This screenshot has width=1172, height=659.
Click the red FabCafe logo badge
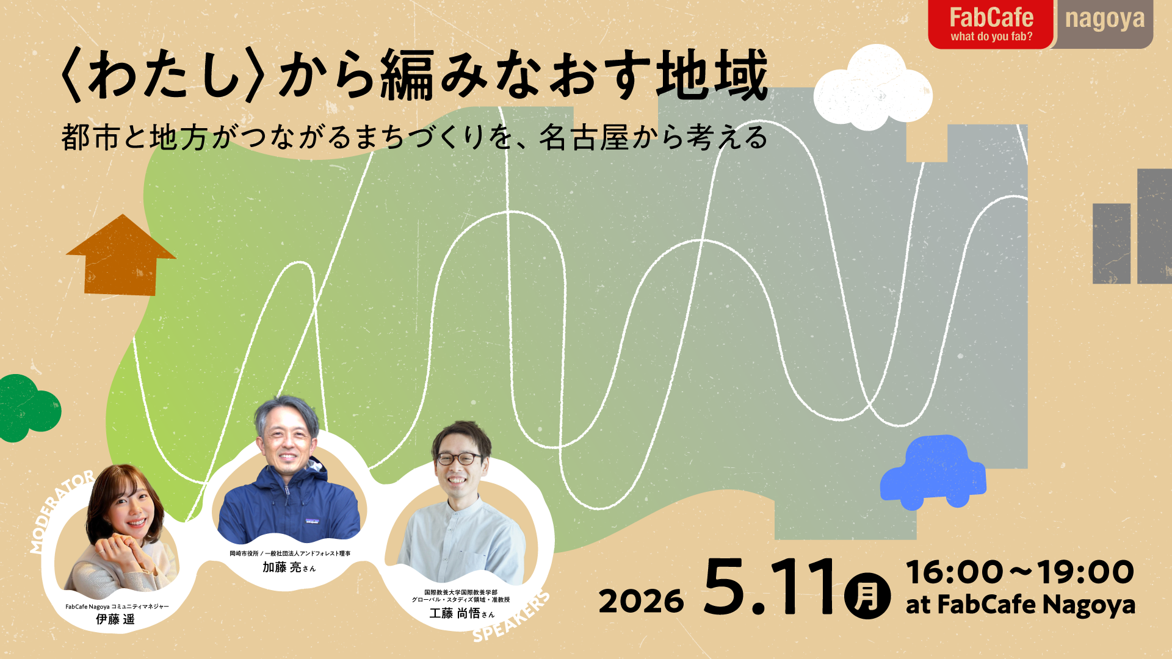tap(990, 24)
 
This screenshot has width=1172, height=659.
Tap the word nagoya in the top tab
tap(1105, 20)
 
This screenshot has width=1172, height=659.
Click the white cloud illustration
tap(873, 88)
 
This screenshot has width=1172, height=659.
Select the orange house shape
tap(121, 255)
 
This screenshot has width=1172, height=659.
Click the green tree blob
tap(27, 408)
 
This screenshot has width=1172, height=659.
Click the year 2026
tap(641, 602)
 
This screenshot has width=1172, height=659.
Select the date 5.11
tap(770, 587)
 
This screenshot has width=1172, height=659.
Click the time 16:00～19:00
tap(1020, 572)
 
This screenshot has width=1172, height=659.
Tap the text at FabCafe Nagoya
tap(1020, 605)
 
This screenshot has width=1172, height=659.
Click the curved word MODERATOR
tap(61, 511)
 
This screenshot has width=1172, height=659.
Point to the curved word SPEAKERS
tap(512, 617)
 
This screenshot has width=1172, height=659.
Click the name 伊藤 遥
tap(115, 619)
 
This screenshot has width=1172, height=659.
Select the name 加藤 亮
tap(282, 567)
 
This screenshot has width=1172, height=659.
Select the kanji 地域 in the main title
tap(712, 75)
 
